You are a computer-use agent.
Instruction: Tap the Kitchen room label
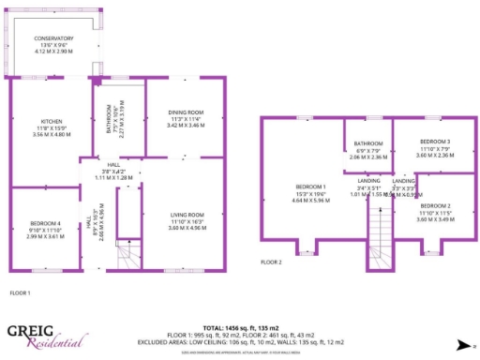point(51,121)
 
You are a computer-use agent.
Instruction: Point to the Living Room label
point(185,215)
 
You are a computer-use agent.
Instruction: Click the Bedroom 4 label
point(45,223)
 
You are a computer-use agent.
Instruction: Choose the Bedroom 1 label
point(308,186)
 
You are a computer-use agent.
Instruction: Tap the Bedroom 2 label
point(435,205)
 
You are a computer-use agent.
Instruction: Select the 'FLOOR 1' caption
point(21,293)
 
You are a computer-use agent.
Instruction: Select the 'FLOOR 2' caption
point(271,262)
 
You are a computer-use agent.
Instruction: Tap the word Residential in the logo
point(54,344)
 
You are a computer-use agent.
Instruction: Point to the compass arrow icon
point(459,344)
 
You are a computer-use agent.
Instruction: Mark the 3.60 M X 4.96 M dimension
point(185,228)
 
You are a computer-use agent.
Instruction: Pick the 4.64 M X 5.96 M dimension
point(308,200)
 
